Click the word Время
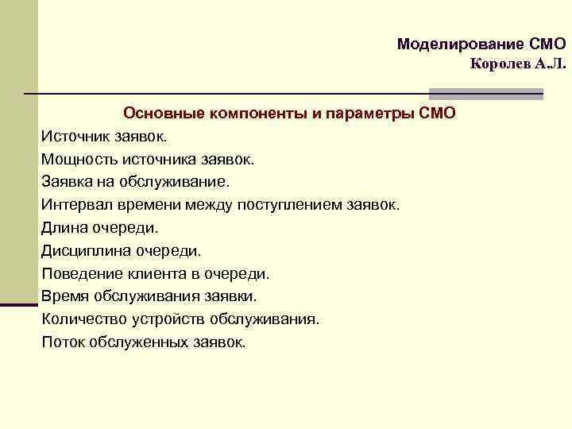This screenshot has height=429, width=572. click(64, 296)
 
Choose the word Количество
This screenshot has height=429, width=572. click(82, 319)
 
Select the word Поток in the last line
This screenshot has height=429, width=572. click(64, 342)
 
